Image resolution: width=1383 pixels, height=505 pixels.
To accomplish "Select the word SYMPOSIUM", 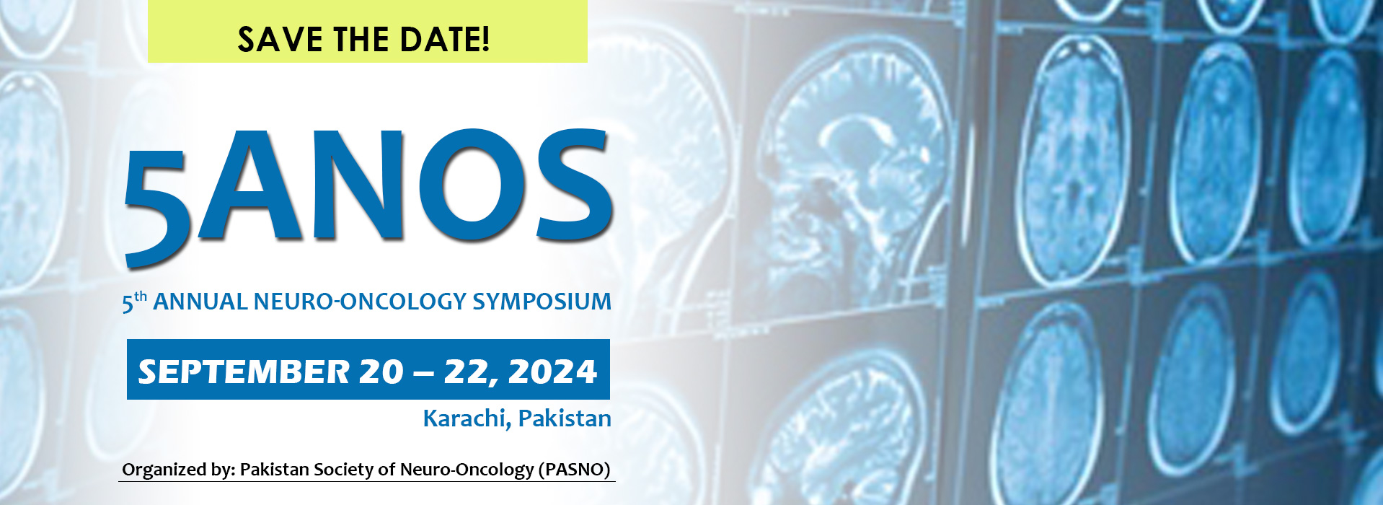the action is [542, 302].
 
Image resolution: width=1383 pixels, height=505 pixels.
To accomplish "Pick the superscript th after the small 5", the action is [141, 297].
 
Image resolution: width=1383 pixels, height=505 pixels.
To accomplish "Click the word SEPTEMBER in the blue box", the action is [244, 372].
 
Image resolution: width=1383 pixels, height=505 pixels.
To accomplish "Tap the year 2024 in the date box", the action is [552, 372].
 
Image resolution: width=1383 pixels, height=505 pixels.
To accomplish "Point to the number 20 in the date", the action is [381, 372].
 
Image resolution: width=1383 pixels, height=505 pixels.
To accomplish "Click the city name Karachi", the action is [467, 418].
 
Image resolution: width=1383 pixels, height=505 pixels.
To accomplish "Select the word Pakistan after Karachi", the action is [565, 418].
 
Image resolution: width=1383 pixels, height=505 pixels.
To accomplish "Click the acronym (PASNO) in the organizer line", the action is [575, 470].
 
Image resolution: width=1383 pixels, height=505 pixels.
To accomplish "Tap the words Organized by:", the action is [179, 470].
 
